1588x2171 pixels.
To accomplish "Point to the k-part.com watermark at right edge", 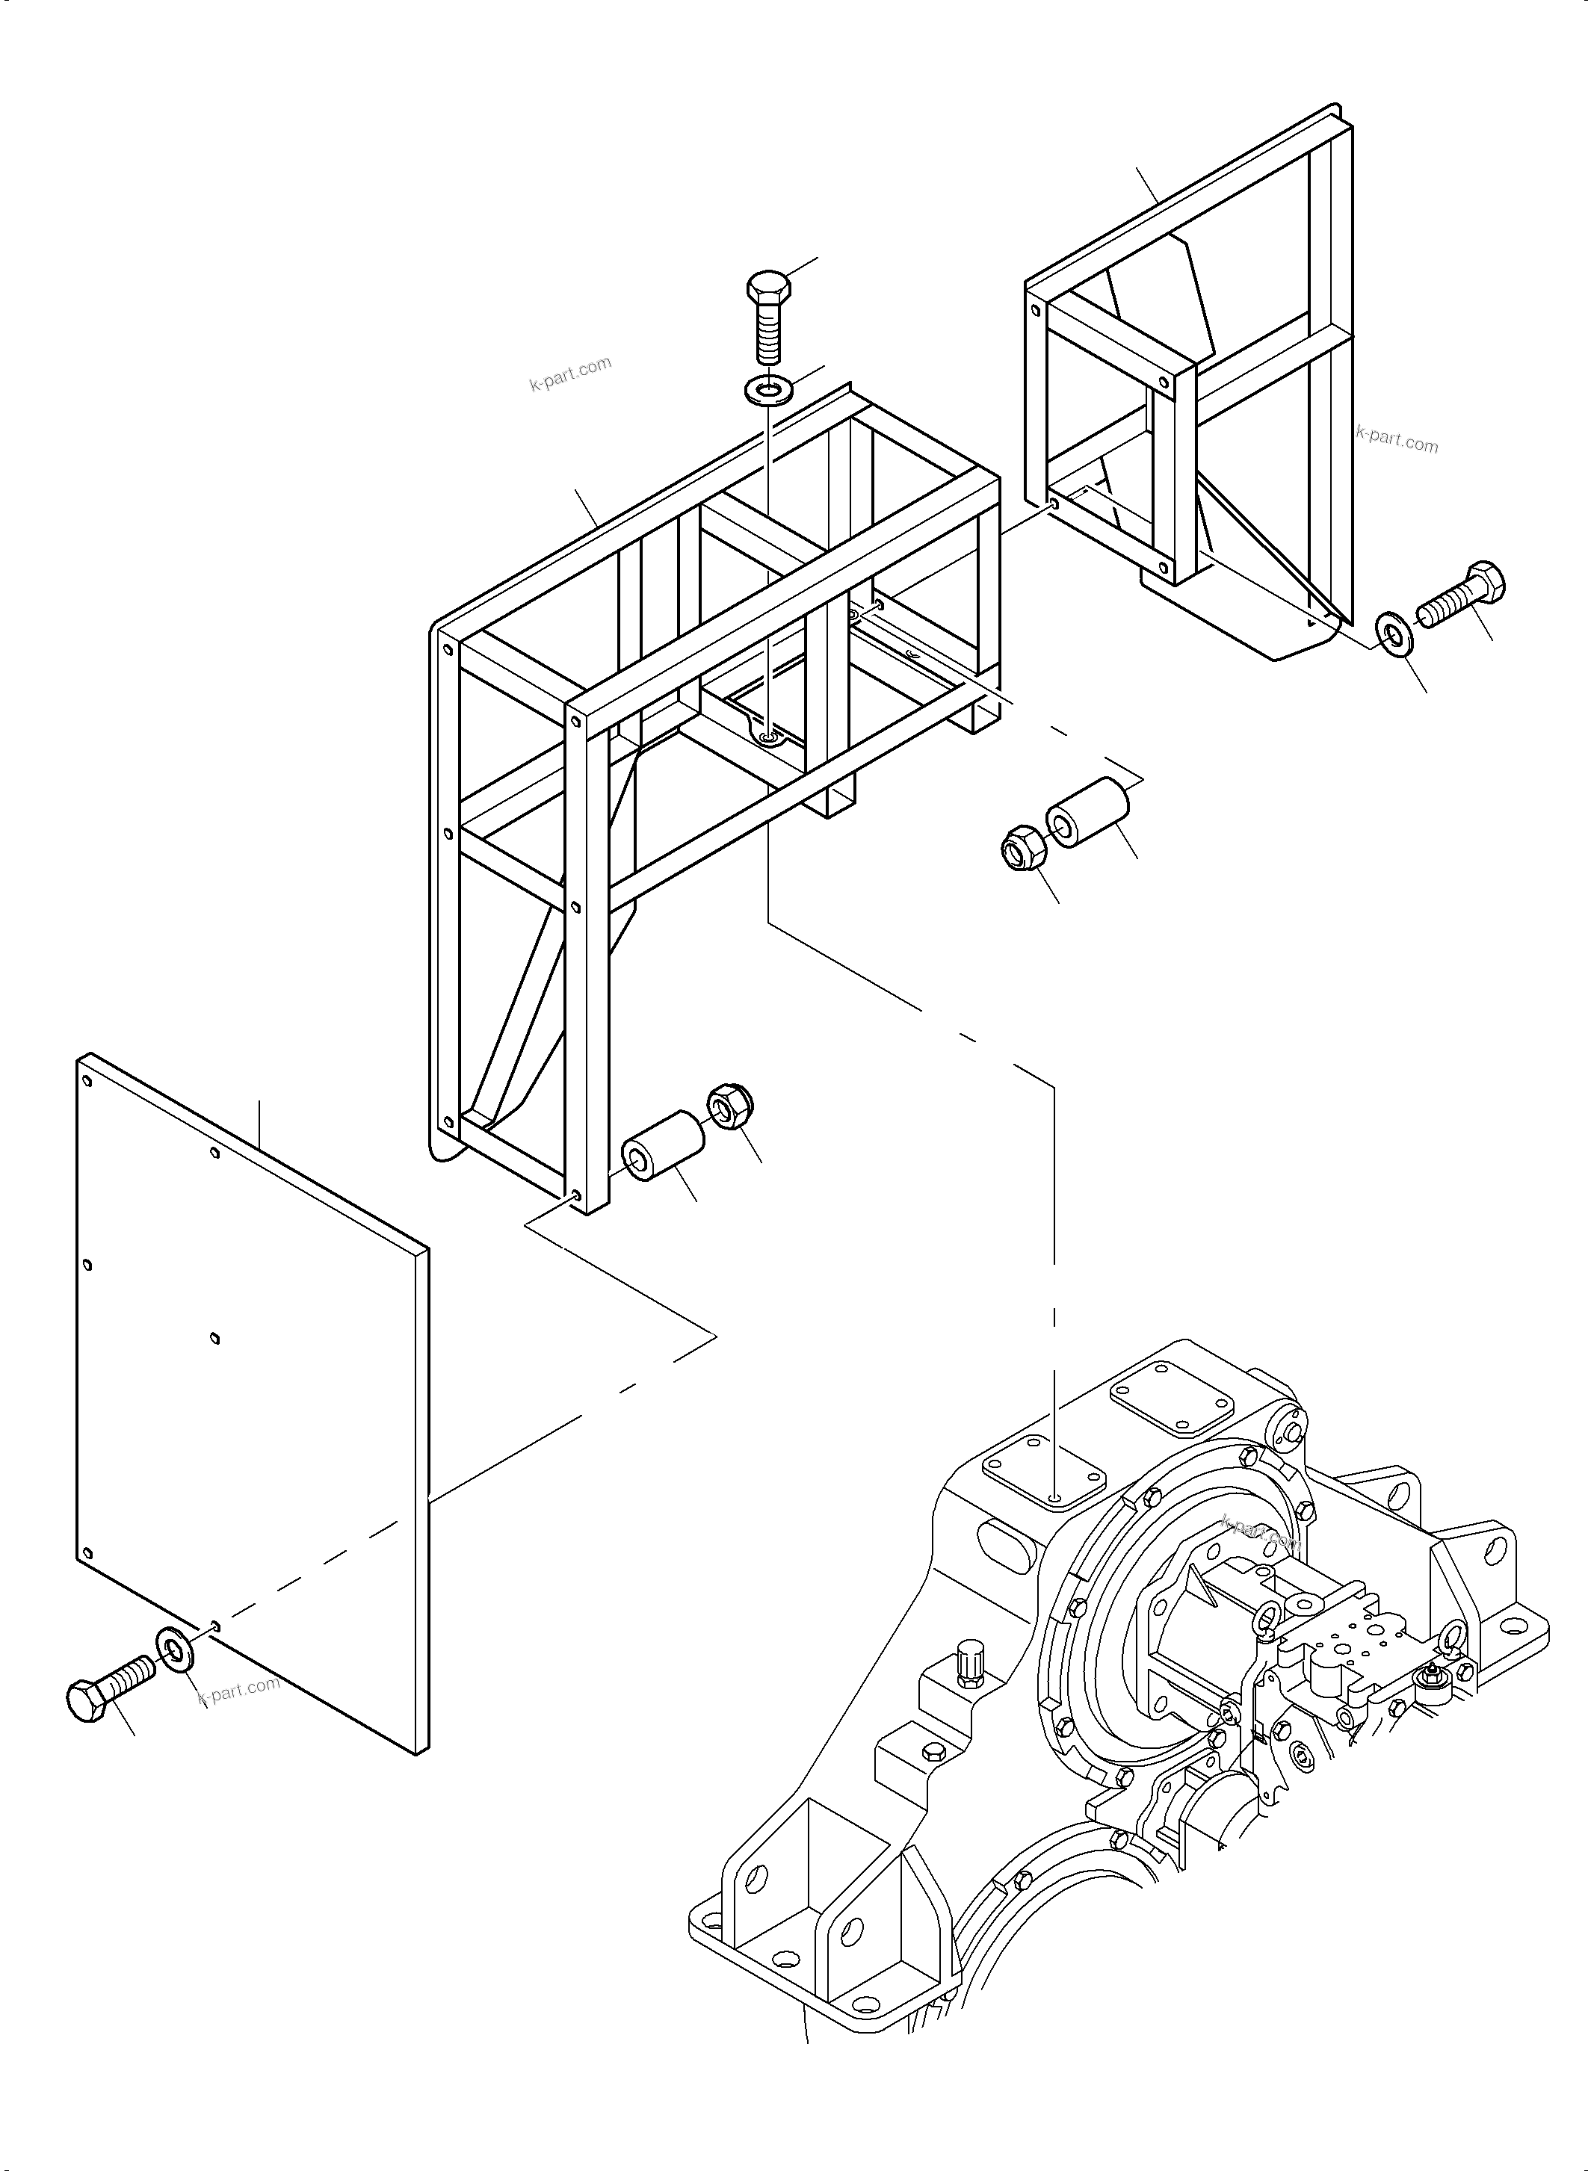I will point(1397,440).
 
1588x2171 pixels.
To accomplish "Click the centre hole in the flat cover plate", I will point(214,1338).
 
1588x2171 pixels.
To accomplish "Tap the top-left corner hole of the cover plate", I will point(87,1081).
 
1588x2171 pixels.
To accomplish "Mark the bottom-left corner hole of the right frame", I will point(1054,503).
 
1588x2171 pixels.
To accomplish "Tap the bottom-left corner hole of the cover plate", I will point(87,1553).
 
